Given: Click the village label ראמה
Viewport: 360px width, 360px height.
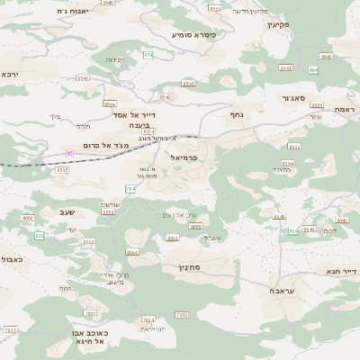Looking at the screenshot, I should (343, 108).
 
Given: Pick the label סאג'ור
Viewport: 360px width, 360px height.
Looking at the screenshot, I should (297, 98).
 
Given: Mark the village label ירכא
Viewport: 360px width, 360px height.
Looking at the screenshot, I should (10, 74).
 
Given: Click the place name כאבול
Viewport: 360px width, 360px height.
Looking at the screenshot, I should (12, 259).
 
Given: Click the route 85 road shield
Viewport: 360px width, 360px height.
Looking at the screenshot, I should (69, 154).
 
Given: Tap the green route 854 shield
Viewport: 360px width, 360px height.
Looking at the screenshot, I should (313, 69).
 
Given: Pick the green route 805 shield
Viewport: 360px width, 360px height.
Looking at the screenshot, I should (40, 235).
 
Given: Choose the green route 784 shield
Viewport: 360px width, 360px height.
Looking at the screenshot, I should (130, 189).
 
